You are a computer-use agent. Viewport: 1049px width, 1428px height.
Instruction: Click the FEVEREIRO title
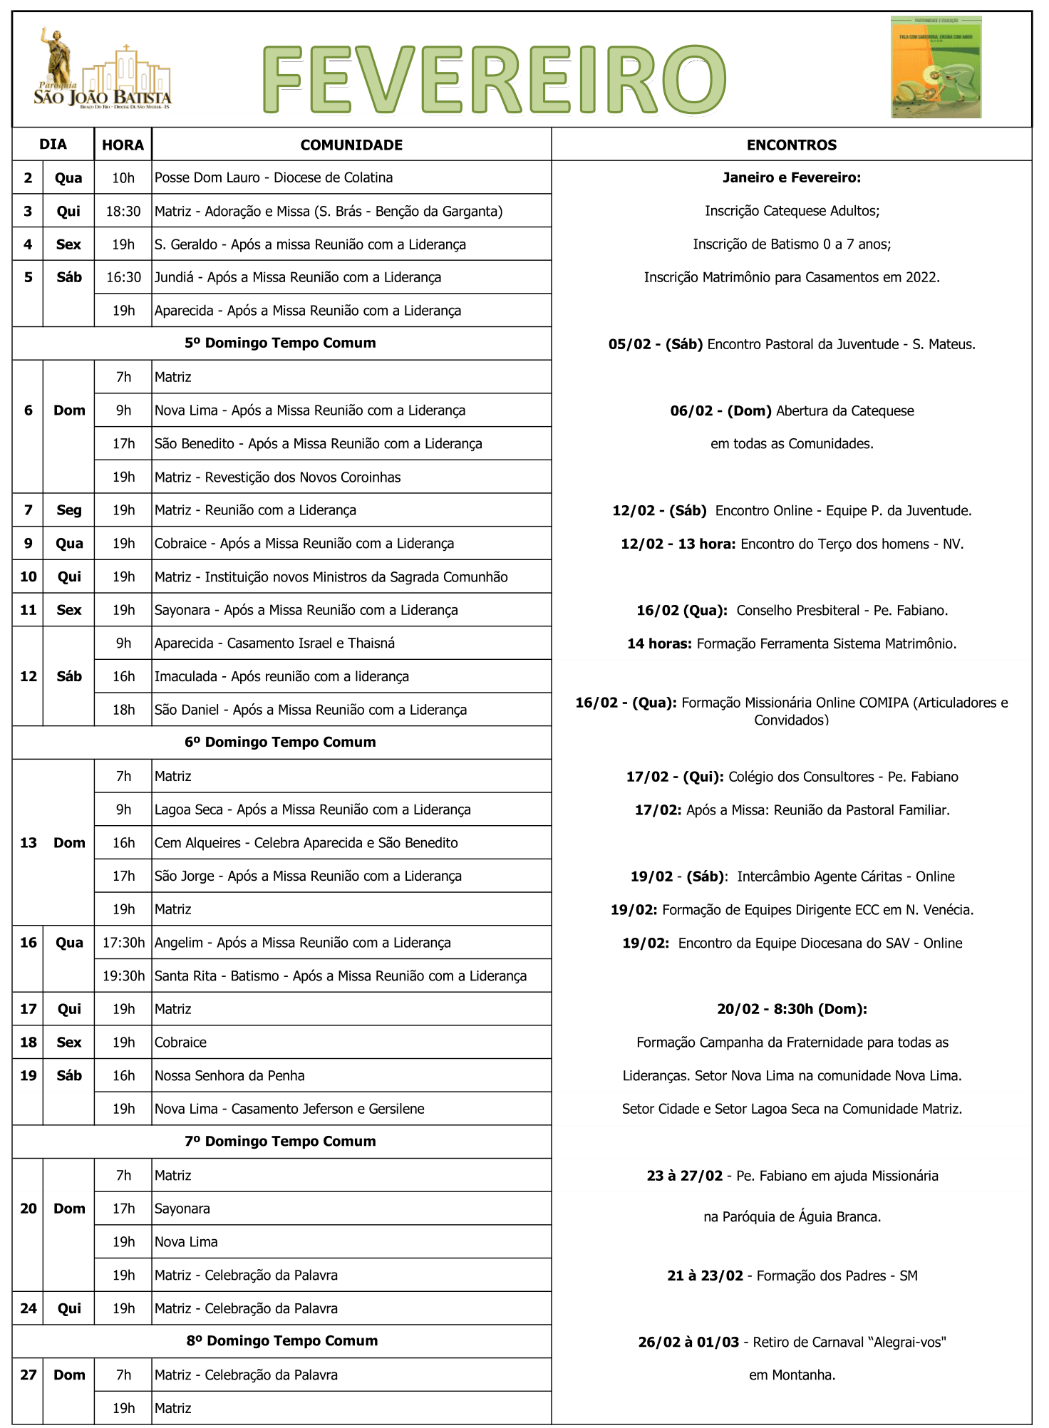click(x=494, y=78)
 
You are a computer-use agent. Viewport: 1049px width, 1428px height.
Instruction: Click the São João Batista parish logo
click(x=103, y=70)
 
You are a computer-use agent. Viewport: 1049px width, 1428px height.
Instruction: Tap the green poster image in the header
click(x=936, y=67)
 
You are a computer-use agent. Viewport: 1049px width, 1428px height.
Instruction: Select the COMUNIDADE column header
click(x=351, y=145)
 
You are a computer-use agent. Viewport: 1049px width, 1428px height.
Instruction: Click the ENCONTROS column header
click(x=791, y=145)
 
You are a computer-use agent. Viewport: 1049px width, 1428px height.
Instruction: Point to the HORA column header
click(x=123, y=145)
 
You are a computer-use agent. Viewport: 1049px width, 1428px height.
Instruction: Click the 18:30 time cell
click(x=123, y=211)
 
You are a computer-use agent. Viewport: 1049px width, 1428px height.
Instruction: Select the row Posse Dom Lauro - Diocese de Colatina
click(x=274, y=177)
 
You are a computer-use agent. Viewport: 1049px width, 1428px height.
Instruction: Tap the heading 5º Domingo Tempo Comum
click(x=280, y=343)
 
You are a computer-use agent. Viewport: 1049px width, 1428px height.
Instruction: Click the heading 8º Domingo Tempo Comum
click(x=282, y=1340)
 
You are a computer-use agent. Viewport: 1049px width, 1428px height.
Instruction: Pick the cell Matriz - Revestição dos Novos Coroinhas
click(x=277, y=477)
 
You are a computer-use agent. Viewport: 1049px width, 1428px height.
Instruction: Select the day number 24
click(x=29, y=1308)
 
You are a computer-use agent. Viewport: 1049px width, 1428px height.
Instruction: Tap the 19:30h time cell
click(x=123, y=976)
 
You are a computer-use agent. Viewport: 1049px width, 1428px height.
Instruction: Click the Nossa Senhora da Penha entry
click(x=229, y=1075)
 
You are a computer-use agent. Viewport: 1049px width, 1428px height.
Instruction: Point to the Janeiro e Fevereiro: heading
click(x=791, y=177)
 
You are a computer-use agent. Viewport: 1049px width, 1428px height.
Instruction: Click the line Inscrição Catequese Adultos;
click(x=792, y=211)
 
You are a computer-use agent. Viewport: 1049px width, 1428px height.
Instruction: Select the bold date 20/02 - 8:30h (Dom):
click(x=792, y=1009)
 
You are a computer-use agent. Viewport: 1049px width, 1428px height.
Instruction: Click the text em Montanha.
click(x=792, y=1375)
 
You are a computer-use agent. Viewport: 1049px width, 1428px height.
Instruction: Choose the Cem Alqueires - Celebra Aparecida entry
click(x=306, y=842)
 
